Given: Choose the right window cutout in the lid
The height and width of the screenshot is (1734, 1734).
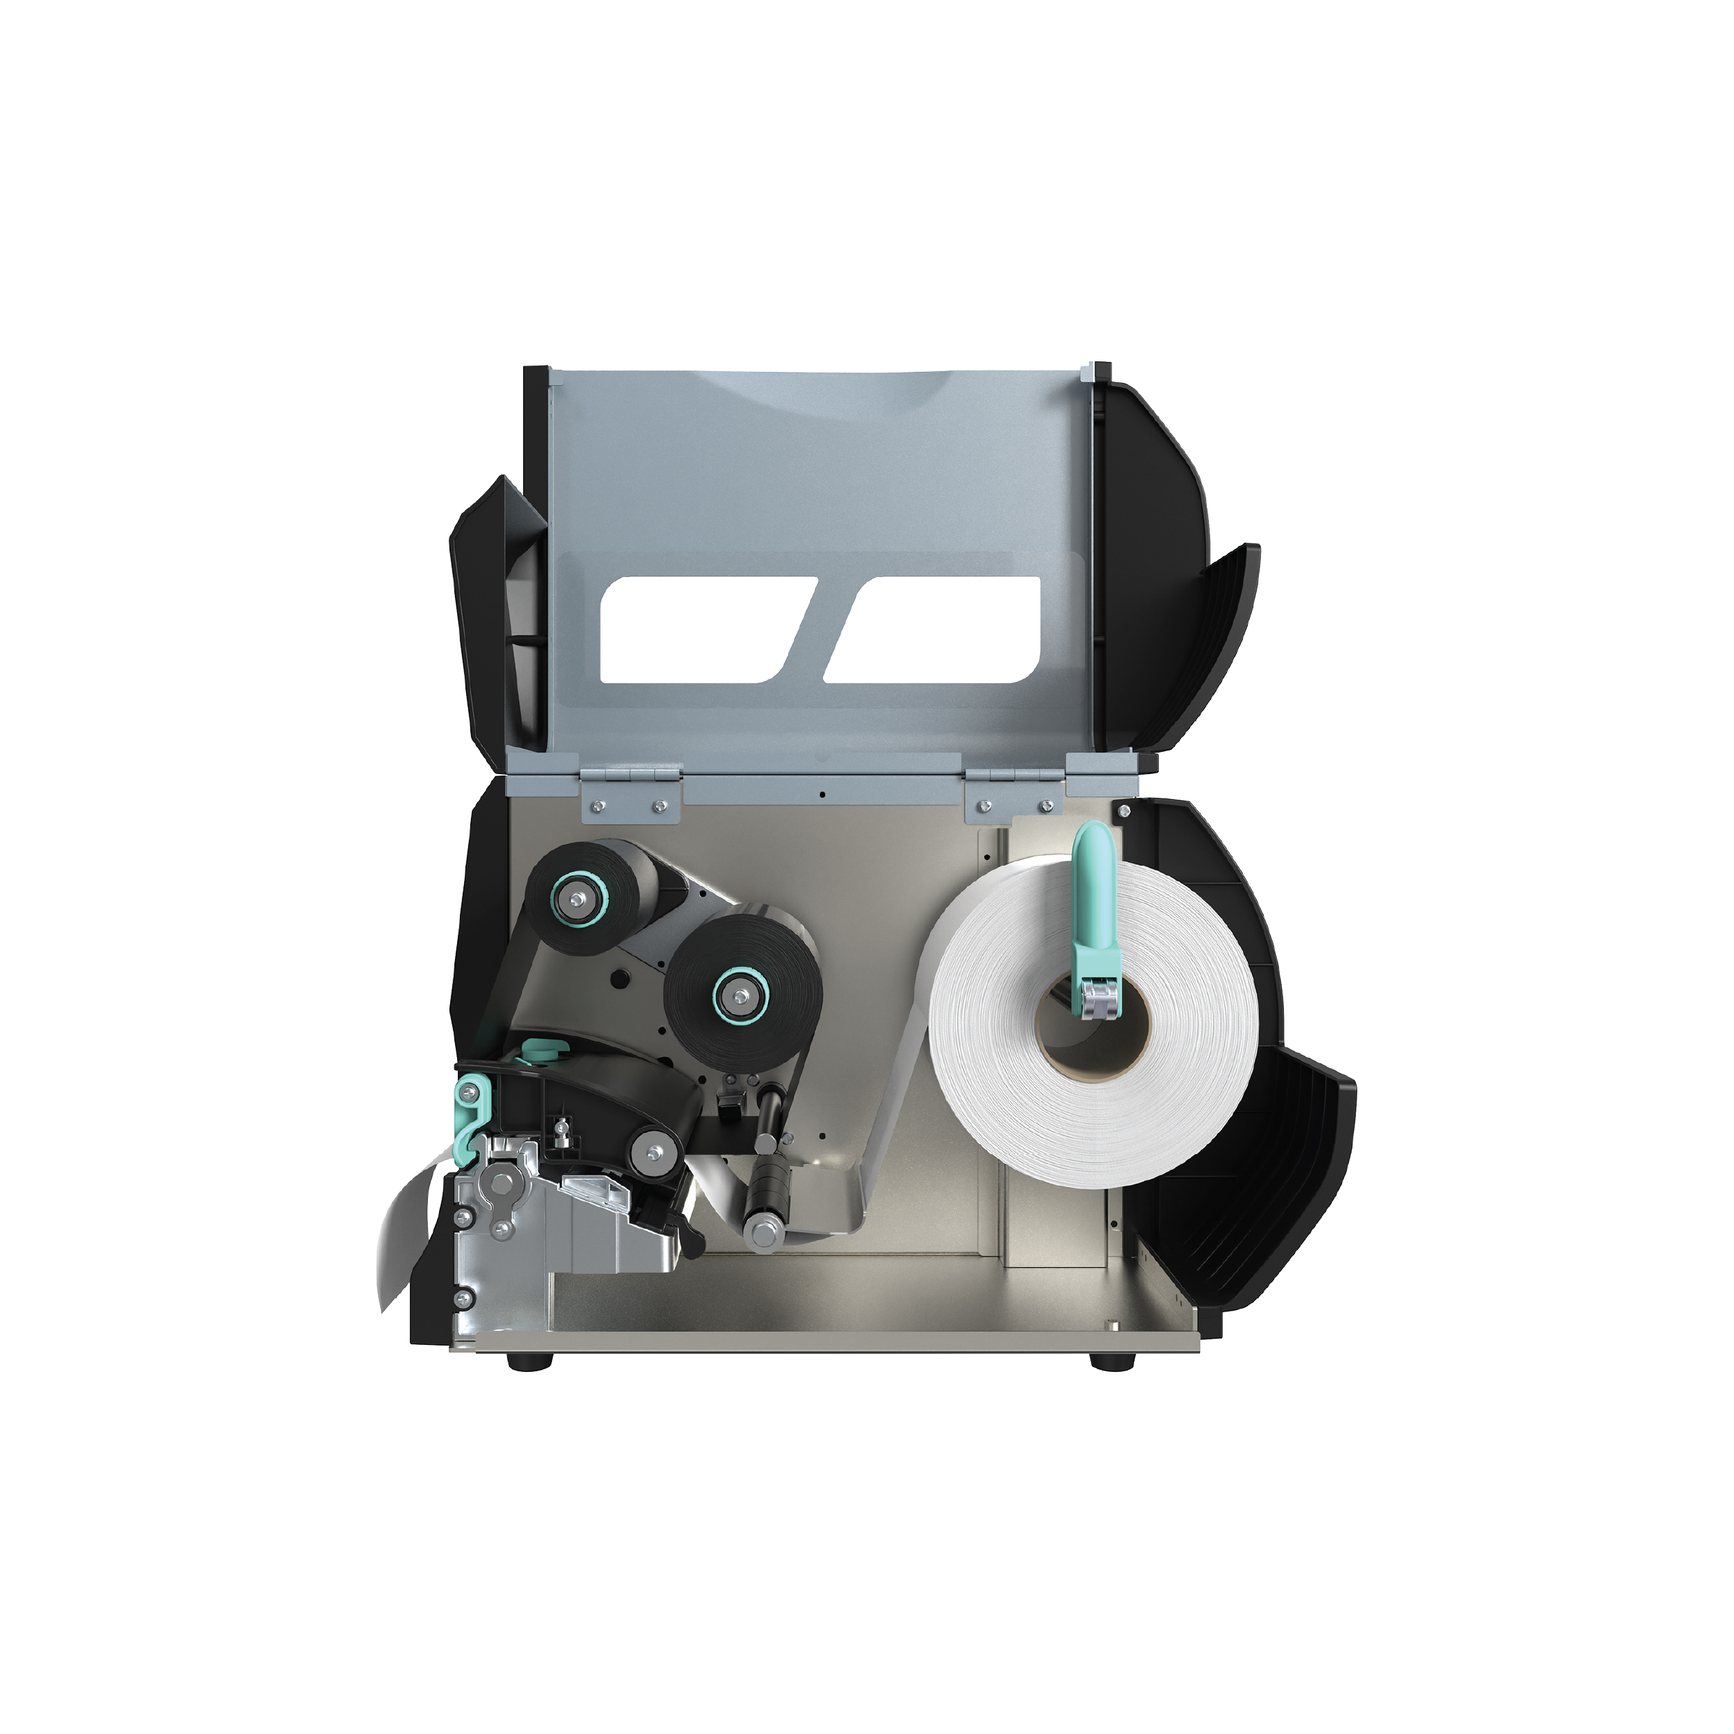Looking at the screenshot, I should [934, 628].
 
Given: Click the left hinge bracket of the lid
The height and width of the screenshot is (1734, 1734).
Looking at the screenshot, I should [631, 794].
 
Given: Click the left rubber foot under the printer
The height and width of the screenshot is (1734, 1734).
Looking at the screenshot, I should [519, 1362].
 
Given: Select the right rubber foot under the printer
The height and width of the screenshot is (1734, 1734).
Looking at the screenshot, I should [1100, 1362].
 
